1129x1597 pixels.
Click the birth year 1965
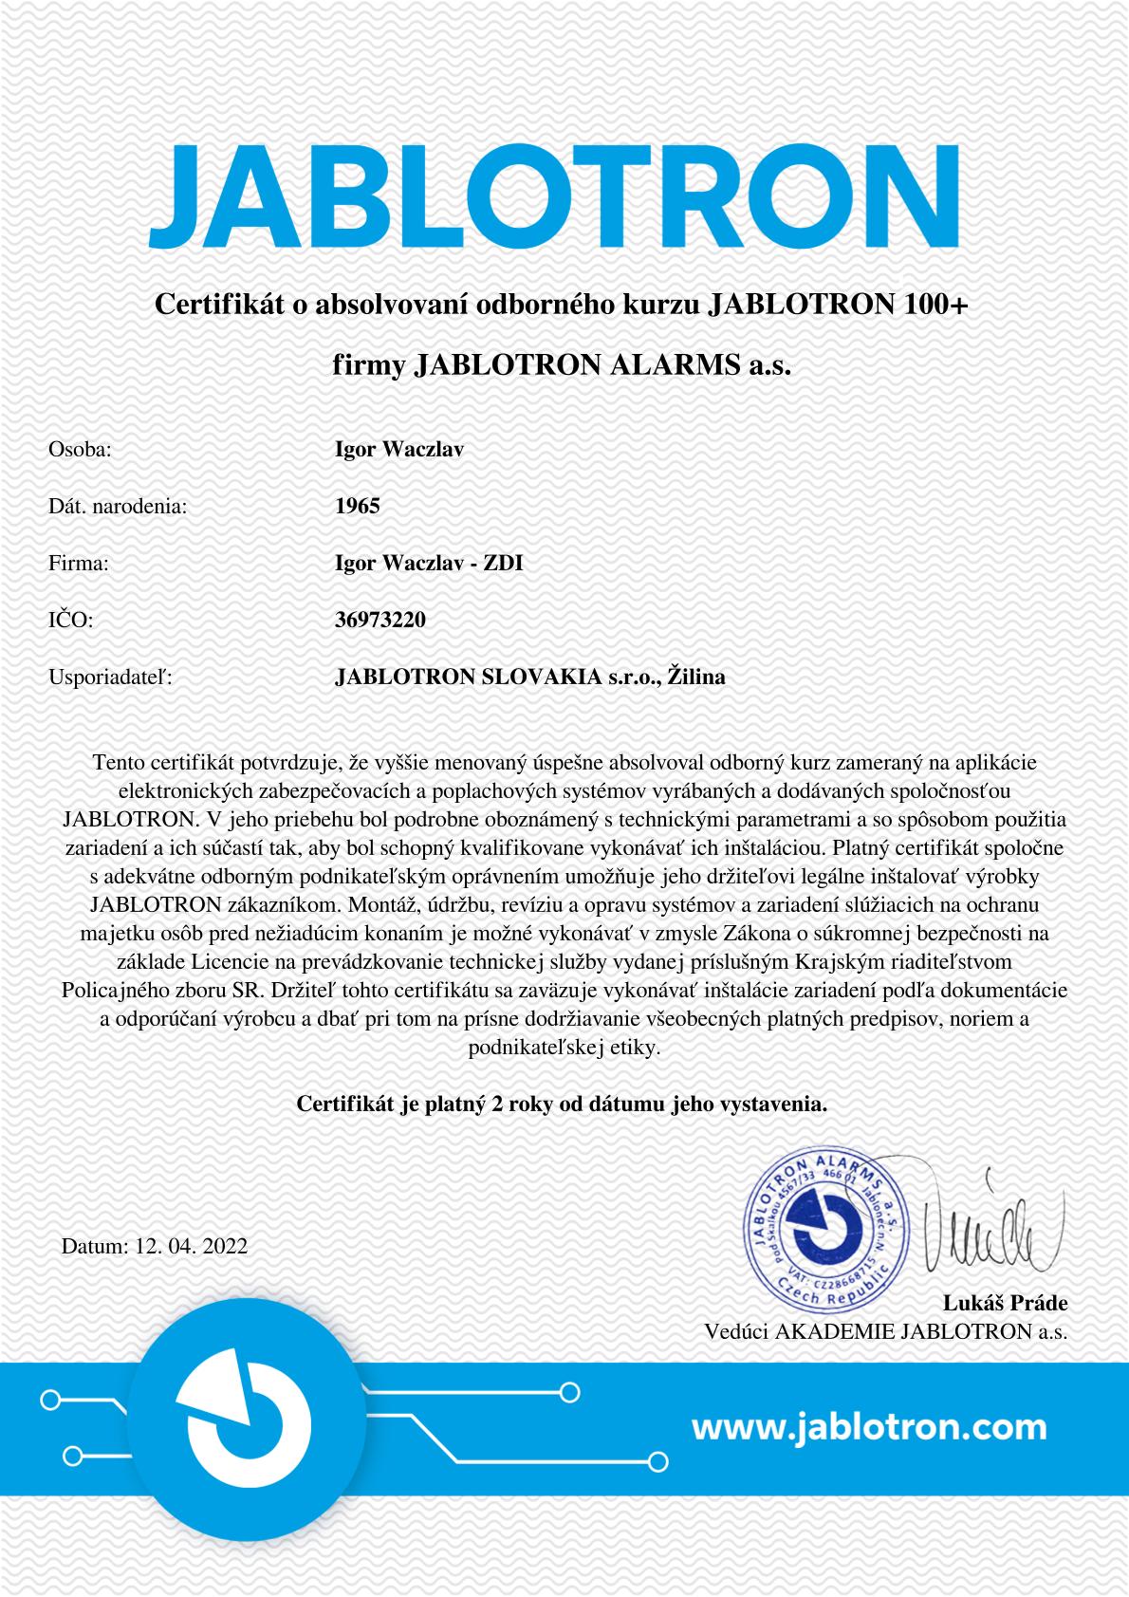coord(358,506)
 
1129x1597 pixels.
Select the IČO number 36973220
coord(380,620)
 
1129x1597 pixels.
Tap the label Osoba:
coord(80,449)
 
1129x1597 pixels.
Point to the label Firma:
coord(79,563)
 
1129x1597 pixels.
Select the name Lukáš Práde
coord(1005,1302)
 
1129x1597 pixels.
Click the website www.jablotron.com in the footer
coord(869,1425)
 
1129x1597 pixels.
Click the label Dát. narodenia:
coord(118,506)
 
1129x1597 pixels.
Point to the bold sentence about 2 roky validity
coord(563,1105)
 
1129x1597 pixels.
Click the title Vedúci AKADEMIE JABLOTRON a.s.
coord(885,1330)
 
